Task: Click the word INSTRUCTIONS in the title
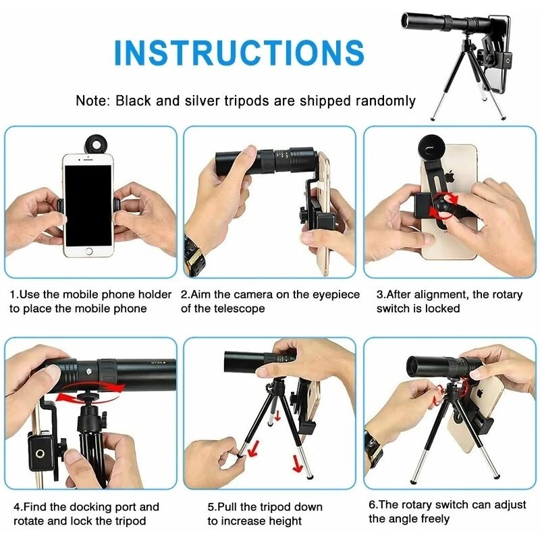click(x=239, y=53)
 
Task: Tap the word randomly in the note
click(x=382, y=101)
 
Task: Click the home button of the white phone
click(x=88, y=250)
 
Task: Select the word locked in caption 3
click(x=443, y=308)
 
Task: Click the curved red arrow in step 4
click(x=92, y=395)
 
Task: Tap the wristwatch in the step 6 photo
click(x=373, y=446)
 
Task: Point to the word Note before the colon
click(x=91, y=101)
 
